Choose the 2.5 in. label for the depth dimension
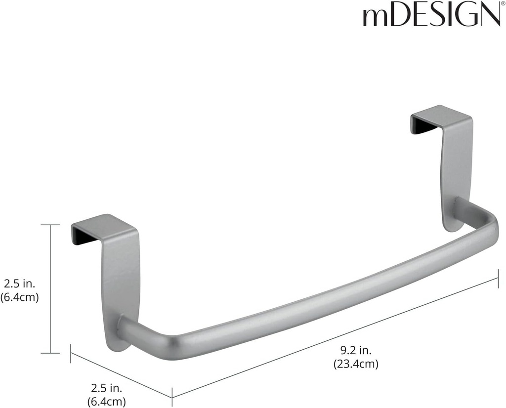[x=106, y=388]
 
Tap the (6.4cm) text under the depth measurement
[x=106, y=401]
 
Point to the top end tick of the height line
[x=50, y=225]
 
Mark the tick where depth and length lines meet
[x=172, y=392]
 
